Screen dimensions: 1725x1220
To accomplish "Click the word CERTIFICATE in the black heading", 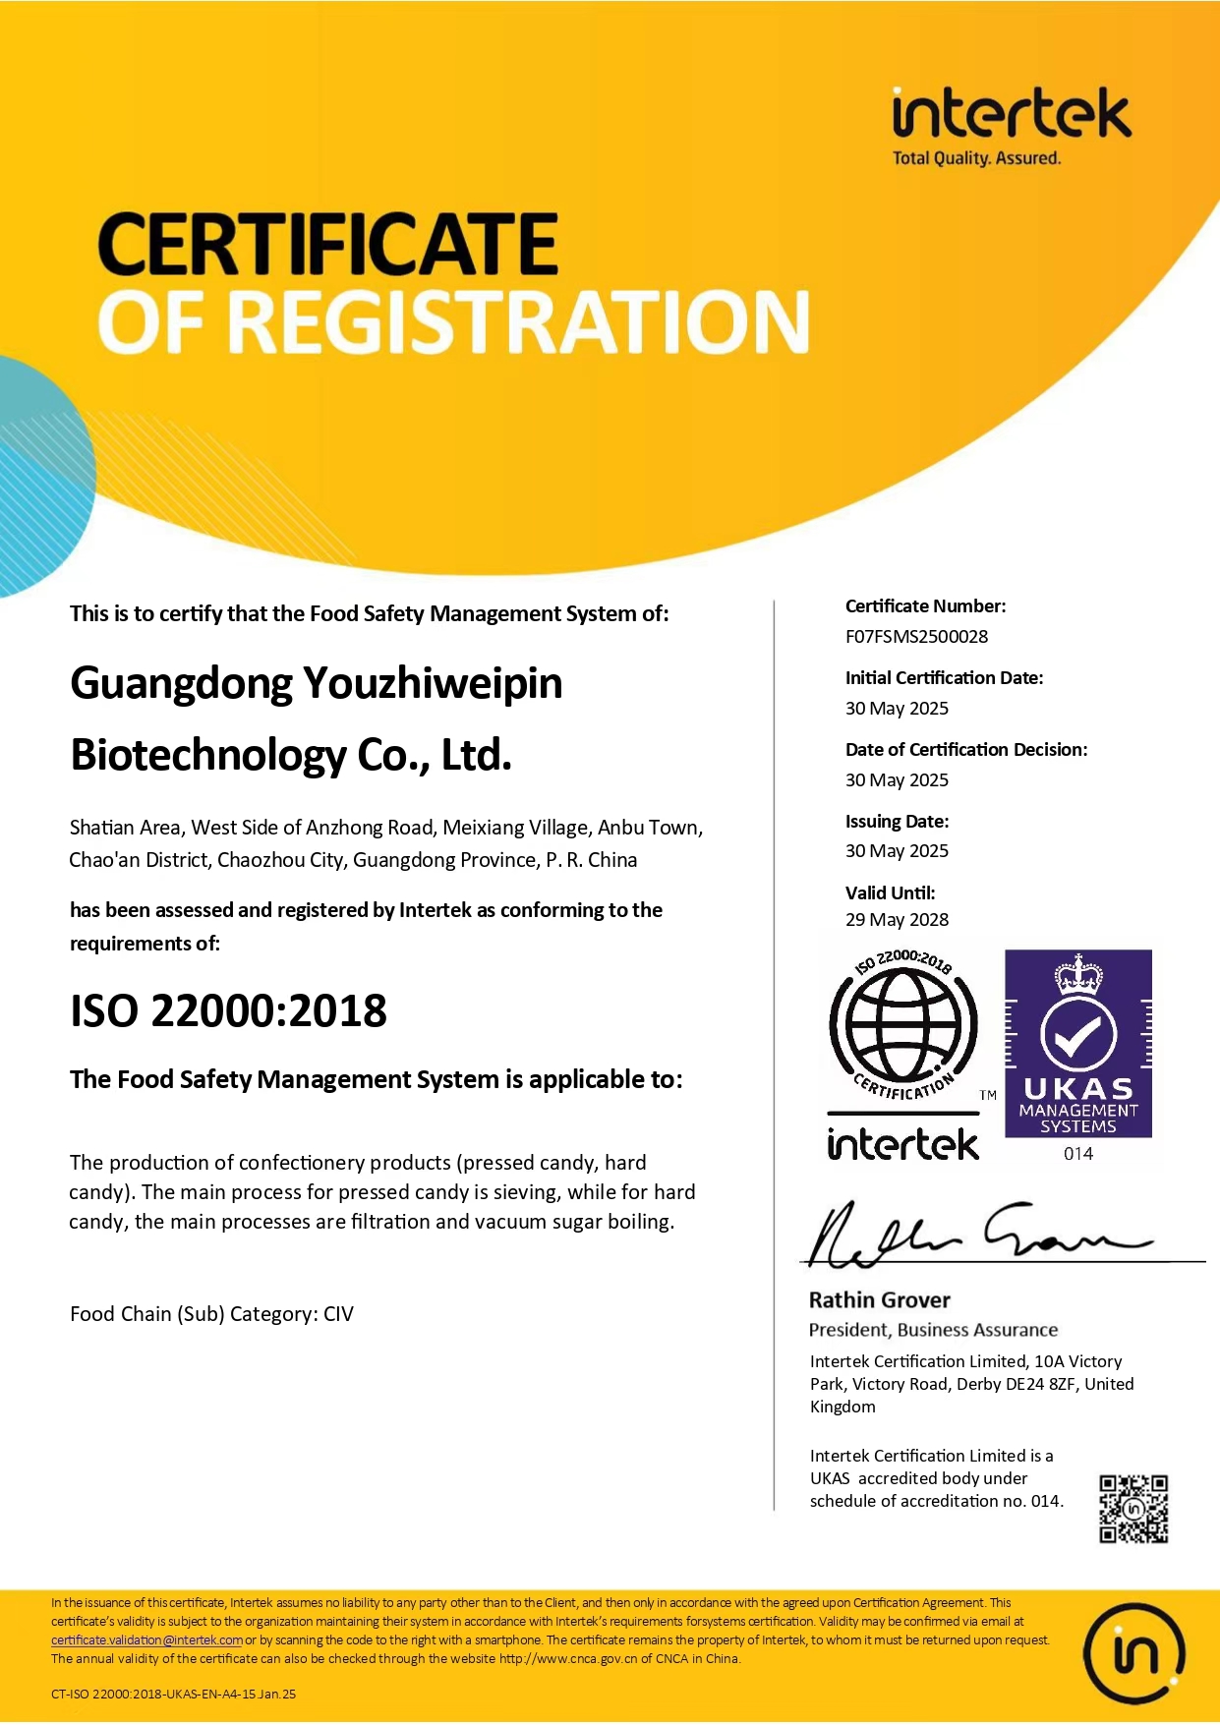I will point(328,245).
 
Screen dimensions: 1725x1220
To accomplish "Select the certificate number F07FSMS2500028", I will point(916,637).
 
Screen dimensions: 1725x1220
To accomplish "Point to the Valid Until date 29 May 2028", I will point(897,920).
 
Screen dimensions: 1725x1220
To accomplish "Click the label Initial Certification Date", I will point(944,678).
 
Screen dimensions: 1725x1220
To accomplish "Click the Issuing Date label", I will point(897,822).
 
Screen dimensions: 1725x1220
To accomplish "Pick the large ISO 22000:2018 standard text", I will point(228,1011).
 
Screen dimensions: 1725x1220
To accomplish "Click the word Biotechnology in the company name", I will point(207,756).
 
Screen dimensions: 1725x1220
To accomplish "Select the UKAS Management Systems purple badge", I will point(1077,1044).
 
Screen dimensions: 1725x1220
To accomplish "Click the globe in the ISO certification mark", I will point(902,1024).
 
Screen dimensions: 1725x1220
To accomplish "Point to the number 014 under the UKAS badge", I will point(1078,1154).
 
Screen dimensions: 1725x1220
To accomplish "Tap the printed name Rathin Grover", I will point(879,1300).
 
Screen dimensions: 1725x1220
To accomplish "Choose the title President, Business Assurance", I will point(933,1330).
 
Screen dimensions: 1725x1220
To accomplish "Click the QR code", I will point(1133,1509).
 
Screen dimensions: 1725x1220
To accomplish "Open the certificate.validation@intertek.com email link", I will point(146,1640).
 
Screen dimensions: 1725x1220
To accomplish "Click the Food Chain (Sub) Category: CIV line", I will point(211,1314).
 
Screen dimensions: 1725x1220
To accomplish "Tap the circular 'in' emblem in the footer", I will point(1133,1654).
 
